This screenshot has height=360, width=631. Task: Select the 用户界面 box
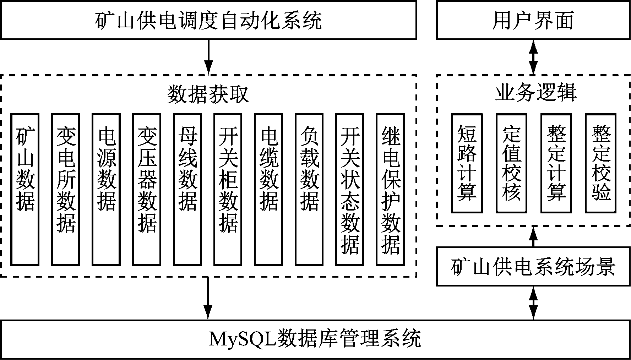tap(533, 20)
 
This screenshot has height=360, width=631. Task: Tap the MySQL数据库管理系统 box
tap(315, 339)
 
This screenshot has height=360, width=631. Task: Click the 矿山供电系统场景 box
tap(533, 267)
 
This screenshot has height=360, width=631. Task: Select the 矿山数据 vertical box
tap(25, 189)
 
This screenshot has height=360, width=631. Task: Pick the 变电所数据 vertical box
tap(65, 189)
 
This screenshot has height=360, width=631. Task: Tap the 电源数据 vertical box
tap(106, 189)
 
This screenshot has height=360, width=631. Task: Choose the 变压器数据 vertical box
tap(147, 189)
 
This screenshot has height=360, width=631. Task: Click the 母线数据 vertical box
tap(187, 189)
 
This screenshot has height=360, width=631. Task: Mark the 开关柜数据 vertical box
tap(228, 189)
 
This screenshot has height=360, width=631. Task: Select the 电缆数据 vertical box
tap(269, 189)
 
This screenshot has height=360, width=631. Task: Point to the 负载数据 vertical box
tap(309, 189)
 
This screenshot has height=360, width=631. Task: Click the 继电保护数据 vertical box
tap(391, 189)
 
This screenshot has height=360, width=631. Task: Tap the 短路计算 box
tap(467, 163)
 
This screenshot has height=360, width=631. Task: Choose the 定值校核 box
tap(511, 163)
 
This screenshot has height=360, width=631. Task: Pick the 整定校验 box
tap(601, 163)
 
